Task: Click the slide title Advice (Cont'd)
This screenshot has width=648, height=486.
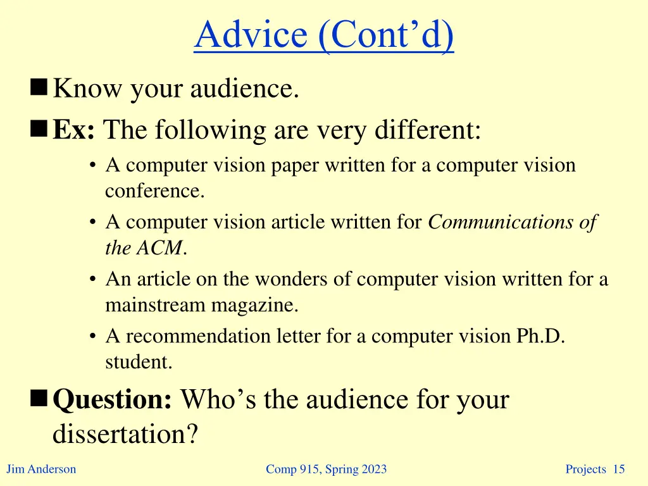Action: click(324, 36)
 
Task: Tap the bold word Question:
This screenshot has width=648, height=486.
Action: click(113, 399)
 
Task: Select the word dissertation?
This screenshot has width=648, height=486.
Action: click(125, 434)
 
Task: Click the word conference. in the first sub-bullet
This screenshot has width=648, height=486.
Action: click(155, 191)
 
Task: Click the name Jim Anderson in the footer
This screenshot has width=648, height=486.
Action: click(41, 469)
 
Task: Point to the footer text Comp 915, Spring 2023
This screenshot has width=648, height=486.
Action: click(326, 469)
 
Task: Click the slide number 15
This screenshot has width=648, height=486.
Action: click(619, 469)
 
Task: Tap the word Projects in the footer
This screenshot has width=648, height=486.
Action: click(586, 469)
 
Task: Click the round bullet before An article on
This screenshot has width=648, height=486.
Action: click(93, 280)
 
